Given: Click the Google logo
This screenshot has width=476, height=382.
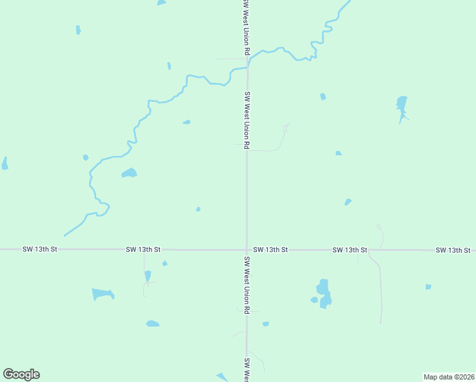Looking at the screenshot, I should pyautogui.click(x=21, y=374).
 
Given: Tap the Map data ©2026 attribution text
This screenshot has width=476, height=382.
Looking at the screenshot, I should pyautogui.click(x=449, y=377).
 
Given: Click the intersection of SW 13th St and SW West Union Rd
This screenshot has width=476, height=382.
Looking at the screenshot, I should pyautogui.click(x=247, y=250).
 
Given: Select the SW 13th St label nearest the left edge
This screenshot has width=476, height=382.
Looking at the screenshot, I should pyautogui.click(x=39, y=250).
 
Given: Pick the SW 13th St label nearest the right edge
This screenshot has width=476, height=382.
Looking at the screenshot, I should pyautogui.click(x=453, y=250).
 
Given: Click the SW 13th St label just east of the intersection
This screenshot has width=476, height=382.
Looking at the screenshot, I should pyautogui.click(x=270, y=250).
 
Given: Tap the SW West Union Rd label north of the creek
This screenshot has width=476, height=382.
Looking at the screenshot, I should pyautogui.click(x=246, y=27).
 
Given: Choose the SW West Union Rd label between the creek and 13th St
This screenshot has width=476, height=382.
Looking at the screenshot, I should pyautogui.click(x=247, y=121).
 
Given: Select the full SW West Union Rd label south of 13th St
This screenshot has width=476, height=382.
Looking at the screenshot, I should pyautogui.click(x=247, y=285).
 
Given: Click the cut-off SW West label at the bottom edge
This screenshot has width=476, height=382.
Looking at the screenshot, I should pyautogui.click(x=246, y=369).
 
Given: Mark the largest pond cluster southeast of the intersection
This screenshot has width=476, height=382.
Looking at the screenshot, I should pyautogui.click(x=324, y=293).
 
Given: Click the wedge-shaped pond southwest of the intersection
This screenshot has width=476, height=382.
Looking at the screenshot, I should pyautogui.click(x=102, y=294).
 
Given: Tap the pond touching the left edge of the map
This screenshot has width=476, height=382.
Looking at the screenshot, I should pyautogui.click(x=4, y=164).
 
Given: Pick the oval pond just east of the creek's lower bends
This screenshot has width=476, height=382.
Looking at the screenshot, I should pyautogui.click(x=129, y=173).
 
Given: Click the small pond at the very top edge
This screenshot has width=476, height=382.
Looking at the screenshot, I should pyautogui.click(x=162, y=3).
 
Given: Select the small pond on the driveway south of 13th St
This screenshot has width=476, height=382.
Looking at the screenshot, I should pyautogui.click(x=148, y=276).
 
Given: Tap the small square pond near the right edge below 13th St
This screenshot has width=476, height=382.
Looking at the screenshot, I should pyautogui.click(x=428, y=287).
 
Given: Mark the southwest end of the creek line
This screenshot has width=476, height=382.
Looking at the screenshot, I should pyautogui.click(x=65, y=235).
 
